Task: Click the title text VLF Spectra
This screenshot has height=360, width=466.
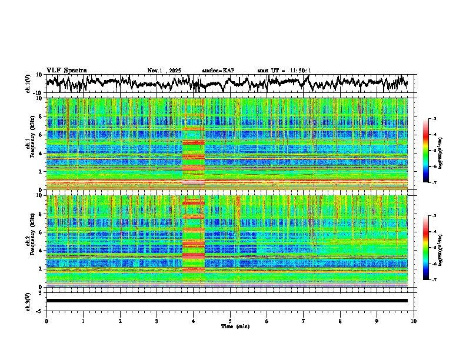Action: pyautogui.click(x=66, y=70)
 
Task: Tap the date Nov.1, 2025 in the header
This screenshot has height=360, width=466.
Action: pyautogui.click(x=164, y=71)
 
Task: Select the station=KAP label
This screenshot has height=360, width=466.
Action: pyautogui.click(x=218, y=71)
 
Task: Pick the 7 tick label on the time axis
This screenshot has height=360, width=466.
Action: pyautogui.click(x=304, y=321)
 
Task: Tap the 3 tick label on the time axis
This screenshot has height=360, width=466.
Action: pyautogui.click(x=157, y=321)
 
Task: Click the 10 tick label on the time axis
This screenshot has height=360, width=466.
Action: pyautogui.click(x=414, y=321)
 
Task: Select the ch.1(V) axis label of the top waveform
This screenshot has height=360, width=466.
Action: pyautogui.click(x=28, y=84)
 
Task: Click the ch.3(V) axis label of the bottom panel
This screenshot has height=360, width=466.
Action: pyautogui.click(x=28, y=301)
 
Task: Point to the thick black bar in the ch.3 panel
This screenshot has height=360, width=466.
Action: pyautogui.click(x=227, y=301)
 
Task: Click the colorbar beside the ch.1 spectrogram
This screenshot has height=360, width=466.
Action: pyautogui.click(x=431, y=151)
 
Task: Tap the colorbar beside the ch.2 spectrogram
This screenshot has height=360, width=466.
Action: pyautogui.click(x=431, y=248)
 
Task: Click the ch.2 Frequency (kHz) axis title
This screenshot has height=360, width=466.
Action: pyautogui.click(x=29, y=240)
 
